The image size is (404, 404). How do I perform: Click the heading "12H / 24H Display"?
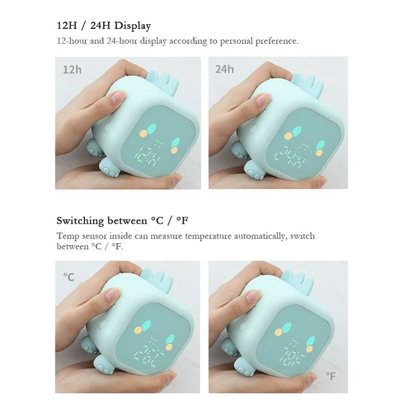coord(104,26)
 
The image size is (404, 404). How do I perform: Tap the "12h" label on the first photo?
coord(72,69)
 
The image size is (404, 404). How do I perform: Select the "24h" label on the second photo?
coord(224,69)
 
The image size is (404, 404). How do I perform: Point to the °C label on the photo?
coord(69,277)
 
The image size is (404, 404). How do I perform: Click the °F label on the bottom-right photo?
coord(331,376)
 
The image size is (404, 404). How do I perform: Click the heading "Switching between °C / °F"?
coord(123,221)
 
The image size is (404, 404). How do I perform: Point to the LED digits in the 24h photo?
coord(290,157)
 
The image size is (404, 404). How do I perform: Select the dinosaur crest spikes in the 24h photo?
coord(308,83)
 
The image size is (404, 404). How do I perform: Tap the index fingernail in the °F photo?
coord(254,296)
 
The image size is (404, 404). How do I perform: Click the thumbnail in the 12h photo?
coord(176,178)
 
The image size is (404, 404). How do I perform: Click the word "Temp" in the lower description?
coord(67,236)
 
